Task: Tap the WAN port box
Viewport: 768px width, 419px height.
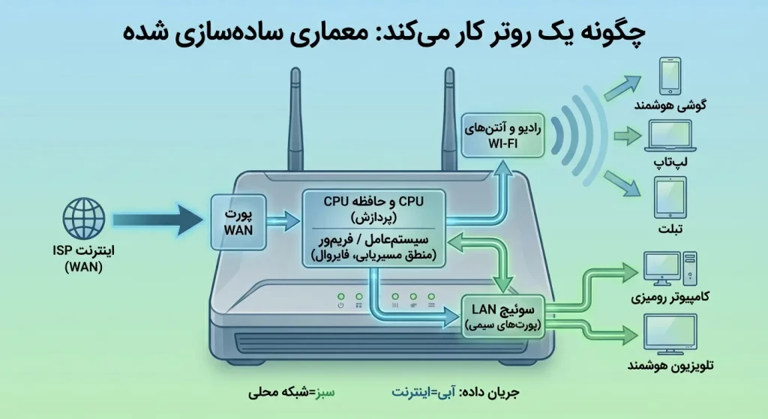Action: [x=239, y=219]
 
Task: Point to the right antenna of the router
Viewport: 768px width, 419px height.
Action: [x=449, y=120]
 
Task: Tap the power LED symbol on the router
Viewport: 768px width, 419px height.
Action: [x=340, y=305]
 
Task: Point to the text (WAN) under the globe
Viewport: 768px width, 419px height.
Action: [x=83, y=267]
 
